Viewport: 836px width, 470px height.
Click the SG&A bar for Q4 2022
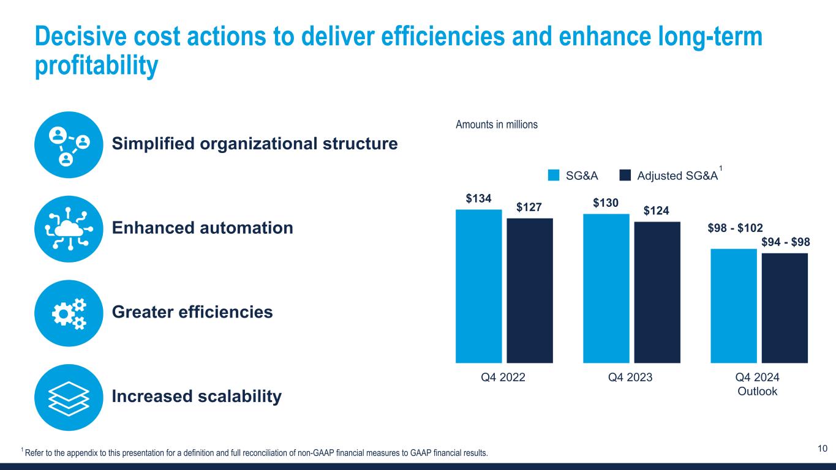pyautogui.click(x=478, y=286)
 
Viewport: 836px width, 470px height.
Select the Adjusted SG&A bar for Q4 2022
pyautogui.click(x=530, y=290)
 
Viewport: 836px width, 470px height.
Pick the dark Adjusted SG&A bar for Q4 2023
pyautogui.click(x=657, y=292)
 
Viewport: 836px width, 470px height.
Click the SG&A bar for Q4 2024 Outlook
pyautogui.click(x=733, y=305)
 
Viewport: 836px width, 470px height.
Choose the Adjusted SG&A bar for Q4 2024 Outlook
pyautogui.click(x=785, y=308)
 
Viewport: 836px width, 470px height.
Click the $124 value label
pyautogui.click(x=657, y=211)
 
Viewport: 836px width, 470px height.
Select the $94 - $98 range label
pyautogui.click(x=786, y=242)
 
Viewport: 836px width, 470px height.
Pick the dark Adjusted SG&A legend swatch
pyautogui.click(x=625, y=176)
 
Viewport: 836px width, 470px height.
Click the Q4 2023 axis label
pyautogui.click(x=630, y=378)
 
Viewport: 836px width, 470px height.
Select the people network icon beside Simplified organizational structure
pyautogui.click(x=67, y=144)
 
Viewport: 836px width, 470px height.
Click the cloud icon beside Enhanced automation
pyautogui.click(x=67, y=229)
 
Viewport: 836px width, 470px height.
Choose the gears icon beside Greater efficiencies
pyautogui.click(x=67, y=313)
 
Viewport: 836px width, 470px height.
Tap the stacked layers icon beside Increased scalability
pyautogui.click(x=67, y=397)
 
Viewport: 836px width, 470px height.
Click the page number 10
pyautogui.click(x=823, y=449)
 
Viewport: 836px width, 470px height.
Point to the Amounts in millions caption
pyautogui.click(x=497, y=124)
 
